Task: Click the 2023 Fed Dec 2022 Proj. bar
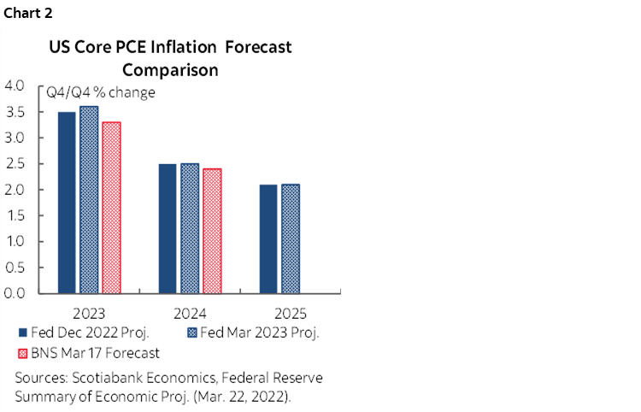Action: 66,203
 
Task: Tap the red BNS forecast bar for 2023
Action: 111,208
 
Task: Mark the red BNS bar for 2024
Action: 211,231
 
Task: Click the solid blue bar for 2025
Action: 268,238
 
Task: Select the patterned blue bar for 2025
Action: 290,238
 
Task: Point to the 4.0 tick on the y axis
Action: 15,85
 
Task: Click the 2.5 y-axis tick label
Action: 15,163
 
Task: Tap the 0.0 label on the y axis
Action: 15,293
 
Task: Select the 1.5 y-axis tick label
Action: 15,215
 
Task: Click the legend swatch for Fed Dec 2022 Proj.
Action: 21,333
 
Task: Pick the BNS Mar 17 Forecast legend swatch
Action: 21,352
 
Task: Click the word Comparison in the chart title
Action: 170,69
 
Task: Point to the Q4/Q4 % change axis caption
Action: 101,91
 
